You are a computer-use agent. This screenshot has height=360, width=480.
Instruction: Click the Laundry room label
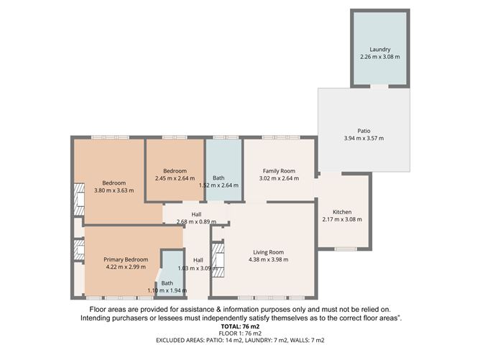click(380, 50)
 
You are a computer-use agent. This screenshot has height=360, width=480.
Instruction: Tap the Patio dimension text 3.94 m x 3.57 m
click(364, 138)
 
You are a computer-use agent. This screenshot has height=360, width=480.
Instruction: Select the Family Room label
click(279, 171)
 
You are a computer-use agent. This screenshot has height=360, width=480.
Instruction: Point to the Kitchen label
click(342, 212)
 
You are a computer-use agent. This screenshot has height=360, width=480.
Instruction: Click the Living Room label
click(269, 252)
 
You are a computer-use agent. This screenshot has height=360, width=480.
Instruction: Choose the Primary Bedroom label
click(126, 259)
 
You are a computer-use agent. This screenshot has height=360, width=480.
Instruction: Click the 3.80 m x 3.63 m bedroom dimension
click(114, 190)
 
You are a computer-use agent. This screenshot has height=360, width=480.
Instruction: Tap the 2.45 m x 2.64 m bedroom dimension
click(175, 178)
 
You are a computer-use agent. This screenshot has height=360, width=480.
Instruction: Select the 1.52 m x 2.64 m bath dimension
click(218, 185)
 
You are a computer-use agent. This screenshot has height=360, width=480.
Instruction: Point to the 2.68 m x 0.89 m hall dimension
click(196, 221)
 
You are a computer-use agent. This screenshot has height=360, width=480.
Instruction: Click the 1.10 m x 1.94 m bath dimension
click(167, 290)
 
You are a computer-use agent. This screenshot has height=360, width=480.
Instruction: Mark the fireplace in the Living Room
click(218, 260)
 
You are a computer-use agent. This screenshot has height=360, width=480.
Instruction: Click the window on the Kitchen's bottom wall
click(346, 249)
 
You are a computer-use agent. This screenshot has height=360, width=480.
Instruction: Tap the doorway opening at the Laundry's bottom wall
click(379, 86)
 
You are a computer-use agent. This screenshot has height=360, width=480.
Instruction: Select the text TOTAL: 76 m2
click(240, 327)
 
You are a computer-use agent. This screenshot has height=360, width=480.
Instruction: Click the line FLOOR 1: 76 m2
click(240, 333)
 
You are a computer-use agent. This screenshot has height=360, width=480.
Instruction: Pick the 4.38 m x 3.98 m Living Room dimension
click(269, 259)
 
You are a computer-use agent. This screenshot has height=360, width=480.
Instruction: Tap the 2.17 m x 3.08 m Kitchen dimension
click(342, 219)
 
